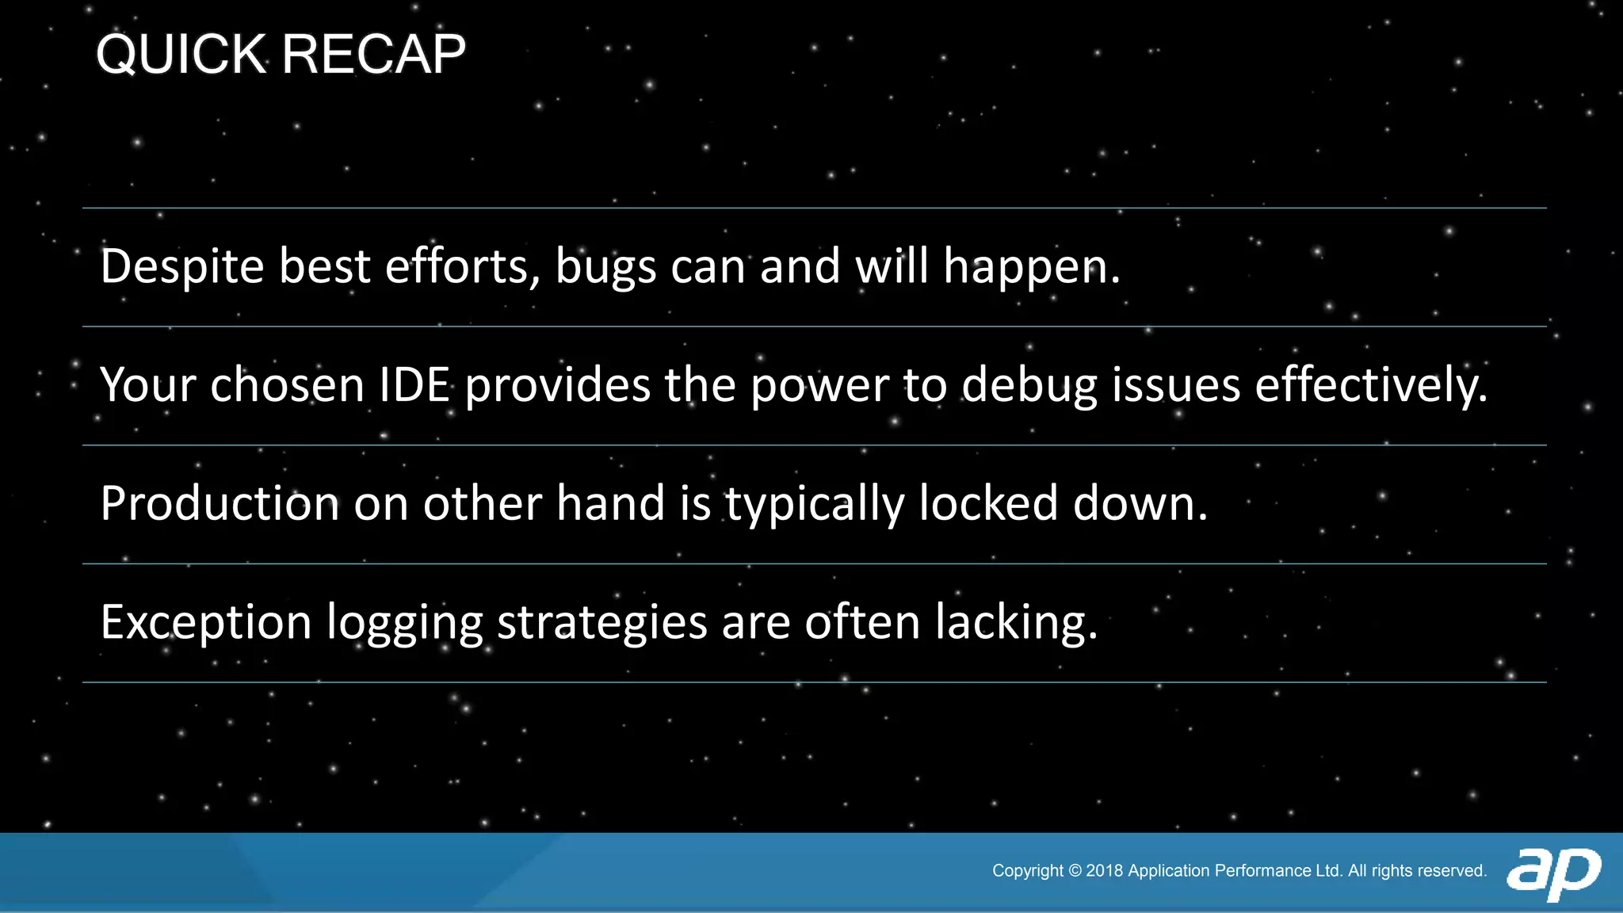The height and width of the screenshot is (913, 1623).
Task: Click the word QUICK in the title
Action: point(181,55)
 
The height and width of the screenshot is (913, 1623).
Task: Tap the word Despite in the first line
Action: point(181,267)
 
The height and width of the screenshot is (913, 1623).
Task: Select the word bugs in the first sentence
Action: point(605,268)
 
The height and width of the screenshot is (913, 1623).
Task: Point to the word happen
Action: point(1030,268)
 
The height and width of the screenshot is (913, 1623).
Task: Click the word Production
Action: point(220,504)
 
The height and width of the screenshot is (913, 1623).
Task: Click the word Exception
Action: point(206,623)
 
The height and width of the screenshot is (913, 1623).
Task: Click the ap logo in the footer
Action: point(1553,873)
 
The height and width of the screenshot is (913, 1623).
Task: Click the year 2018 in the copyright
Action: point(1104,871)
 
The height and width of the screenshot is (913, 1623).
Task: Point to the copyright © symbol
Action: point(1075,871)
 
